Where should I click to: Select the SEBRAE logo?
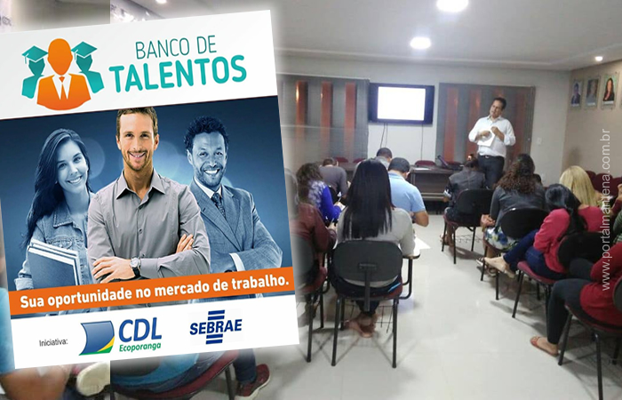pos(216,326)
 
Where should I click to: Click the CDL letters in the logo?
pos(140,330)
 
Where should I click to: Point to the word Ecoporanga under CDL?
pos(140,347)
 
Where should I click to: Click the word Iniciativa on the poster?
pos(53,342)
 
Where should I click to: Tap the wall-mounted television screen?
pos(401,104)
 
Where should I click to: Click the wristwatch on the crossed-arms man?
pos(136,265)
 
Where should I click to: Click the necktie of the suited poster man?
pos(219,204)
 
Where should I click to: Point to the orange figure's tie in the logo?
pos(63,88)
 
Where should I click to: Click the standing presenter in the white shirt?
pos(491,140)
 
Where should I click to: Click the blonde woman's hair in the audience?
pos(579,186)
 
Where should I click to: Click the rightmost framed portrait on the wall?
pos(609,91)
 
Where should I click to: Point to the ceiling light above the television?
pos(420,43)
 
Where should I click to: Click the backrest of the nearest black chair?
pos(367,265)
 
